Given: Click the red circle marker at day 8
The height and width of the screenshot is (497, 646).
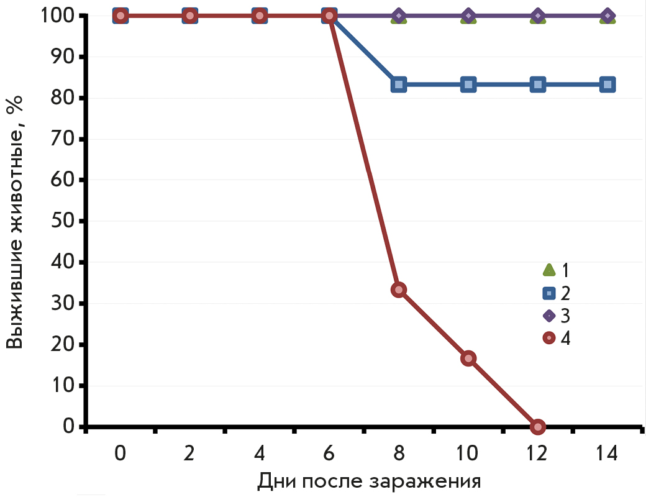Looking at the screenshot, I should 399,290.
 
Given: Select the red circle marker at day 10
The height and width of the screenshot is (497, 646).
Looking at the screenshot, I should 468,358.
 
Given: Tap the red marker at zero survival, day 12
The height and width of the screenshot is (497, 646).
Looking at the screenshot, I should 538,426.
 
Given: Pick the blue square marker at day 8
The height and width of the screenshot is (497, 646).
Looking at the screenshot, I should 399,84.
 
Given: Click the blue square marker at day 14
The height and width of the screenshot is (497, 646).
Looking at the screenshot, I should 607,84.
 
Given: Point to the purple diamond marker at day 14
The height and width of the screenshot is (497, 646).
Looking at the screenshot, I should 607,16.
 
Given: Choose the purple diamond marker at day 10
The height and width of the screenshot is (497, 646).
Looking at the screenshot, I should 468,16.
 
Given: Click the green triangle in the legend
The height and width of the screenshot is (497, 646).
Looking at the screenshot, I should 549,270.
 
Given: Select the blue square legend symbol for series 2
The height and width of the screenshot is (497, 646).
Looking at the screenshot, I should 549,293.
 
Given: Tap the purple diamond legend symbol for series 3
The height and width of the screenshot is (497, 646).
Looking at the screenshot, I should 549,316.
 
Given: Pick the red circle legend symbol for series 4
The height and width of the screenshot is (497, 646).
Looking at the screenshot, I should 549,338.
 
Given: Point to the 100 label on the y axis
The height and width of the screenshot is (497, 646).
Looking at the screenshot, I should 56,16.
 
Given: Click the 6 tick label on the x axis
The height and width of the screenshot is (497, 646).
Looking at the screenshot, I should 329,454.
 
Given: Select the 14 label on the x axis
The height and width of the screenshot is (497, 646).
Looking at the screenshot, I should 607,454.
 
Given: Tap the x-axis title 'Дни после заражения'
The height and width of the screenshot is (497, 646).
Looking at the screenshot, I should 369,481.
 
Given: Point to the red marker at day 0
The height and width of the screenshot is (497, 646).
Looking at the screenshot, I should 121,16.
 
